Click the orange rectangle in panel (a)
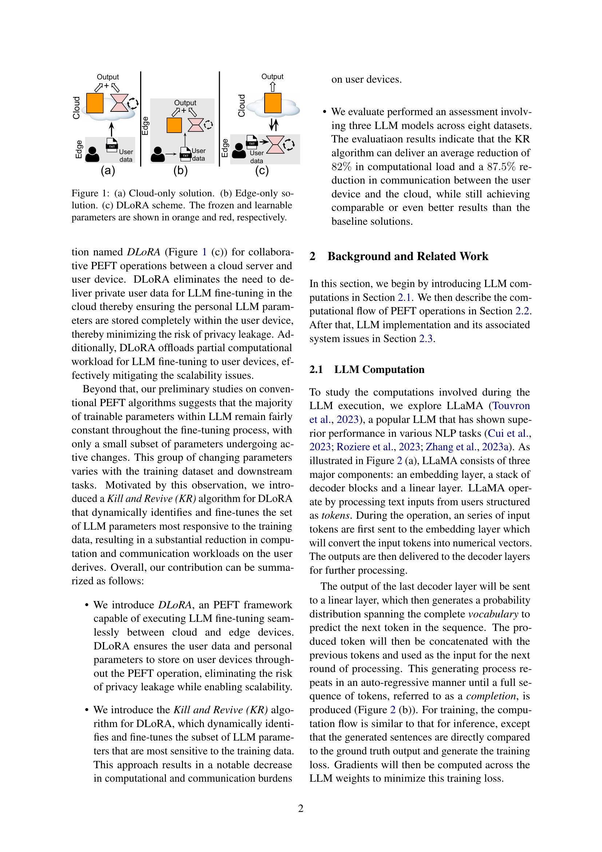[95, 103]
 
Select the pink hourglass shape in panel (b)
[195, 125]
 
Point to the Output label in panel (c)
[272, 77]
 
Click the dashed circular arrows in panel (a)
[132, 103]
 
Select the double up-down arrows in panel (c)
[274, 125]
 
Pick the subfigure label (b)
[181, 171]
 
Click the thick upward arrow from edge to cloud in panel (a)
[111, 130]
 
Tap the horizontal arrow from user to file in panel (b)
[171, 154]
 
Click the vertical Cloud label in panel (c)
[242, 106]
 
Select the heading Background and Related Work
[407, 256]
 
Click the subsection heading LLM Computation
[379, 370]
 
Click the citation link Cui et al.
[510, 433]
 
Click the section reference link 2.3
[425, 339]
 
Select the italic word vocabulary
[493, 614]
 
